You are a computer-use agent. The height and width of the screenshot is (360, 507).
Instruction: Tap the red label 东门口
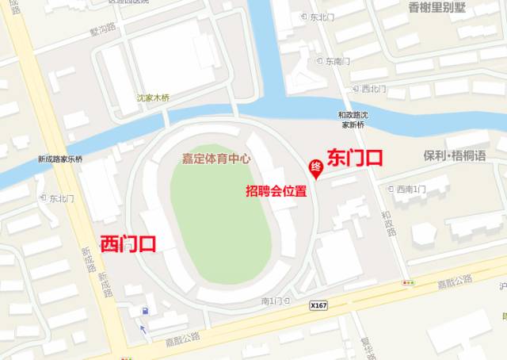355,157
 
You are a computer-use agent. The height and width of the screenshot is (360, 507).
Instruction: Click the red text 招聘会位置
276,192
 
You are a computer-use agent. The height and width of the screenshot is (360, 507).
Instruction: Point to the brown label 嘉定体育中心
216,159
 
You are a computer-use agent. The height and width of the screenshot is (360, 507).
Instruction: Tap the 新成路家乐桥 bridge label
60,159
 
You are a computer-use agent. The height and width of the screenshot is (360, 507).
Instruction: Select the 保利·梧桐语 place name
454,156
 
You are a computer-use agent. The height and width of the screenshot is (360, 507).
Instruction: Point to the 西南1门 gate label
410,189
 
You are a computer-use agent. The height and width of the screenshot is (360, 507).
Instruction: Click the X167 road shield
318,304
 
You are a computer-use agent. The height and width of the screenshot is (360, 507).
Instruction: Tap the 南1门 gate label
272,301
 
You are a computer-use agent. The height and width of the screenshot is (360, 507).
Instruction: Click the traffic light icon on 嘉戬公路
408,282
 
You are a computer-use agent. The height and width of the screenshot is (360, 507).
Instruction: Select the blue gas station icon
144,311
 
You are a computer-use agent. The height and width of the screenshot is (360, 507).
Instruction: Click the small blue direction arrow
143,329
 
